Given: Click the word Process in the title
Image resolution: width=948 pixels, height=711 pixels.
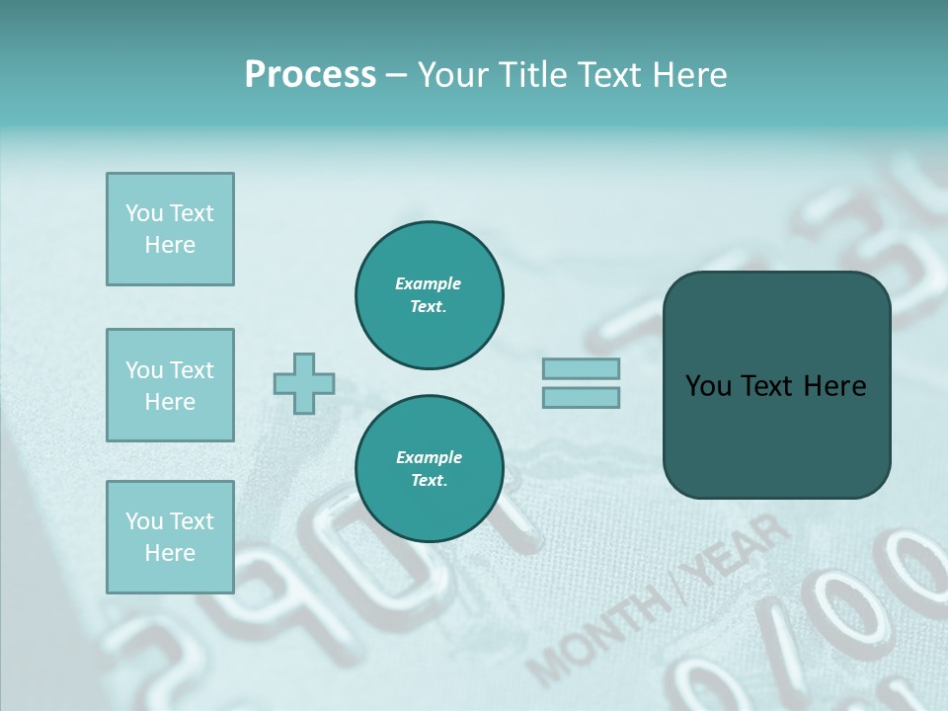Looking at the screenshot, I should (x=310, y=75).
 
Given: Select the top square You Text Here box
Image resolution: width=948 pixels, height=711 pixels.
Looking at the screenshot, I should (x=170, y=229).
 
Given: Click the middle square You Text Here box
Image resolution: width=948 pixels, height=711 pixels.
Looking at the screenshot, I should (x=170, y=385).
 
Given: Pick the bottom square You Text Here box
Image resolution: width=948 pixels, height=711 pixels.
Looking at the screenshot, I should (x=170, y=537).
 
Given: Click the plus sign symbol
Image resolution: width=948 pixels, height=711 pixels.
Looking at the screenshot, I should (x=304, y=383).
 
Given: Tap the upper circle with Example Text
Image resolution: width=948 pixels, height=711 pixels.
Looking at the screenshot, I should (x=429, y=295).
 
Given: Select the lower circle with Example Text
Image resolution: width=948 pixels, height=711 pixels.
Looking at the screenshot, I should (x=429, y=469).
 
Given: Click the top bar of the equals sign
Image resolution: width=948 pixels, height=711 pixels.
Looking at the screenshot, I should (x=581, y=369).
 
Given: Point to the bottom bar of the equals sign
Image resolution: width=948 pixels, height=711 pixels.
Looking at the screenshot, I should (x=581, y=397).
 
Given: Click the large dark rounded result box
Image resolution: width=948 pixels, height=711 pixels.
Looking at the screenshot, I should (x=776, y=385).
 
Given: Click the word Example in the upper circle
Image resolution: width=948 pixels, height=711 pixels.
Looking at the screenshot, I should (x=428, y=283).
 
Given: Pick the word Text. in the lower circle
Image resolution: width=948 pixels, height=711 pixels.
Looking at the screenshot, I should (x=429, y=481).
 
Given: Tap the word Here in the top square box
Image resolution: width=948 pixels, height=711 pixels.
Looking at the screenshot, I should (x=170, y=245).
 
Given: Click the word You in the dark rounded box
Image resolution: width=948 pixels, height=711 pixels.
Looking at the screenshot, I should (x=707, y=386).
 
